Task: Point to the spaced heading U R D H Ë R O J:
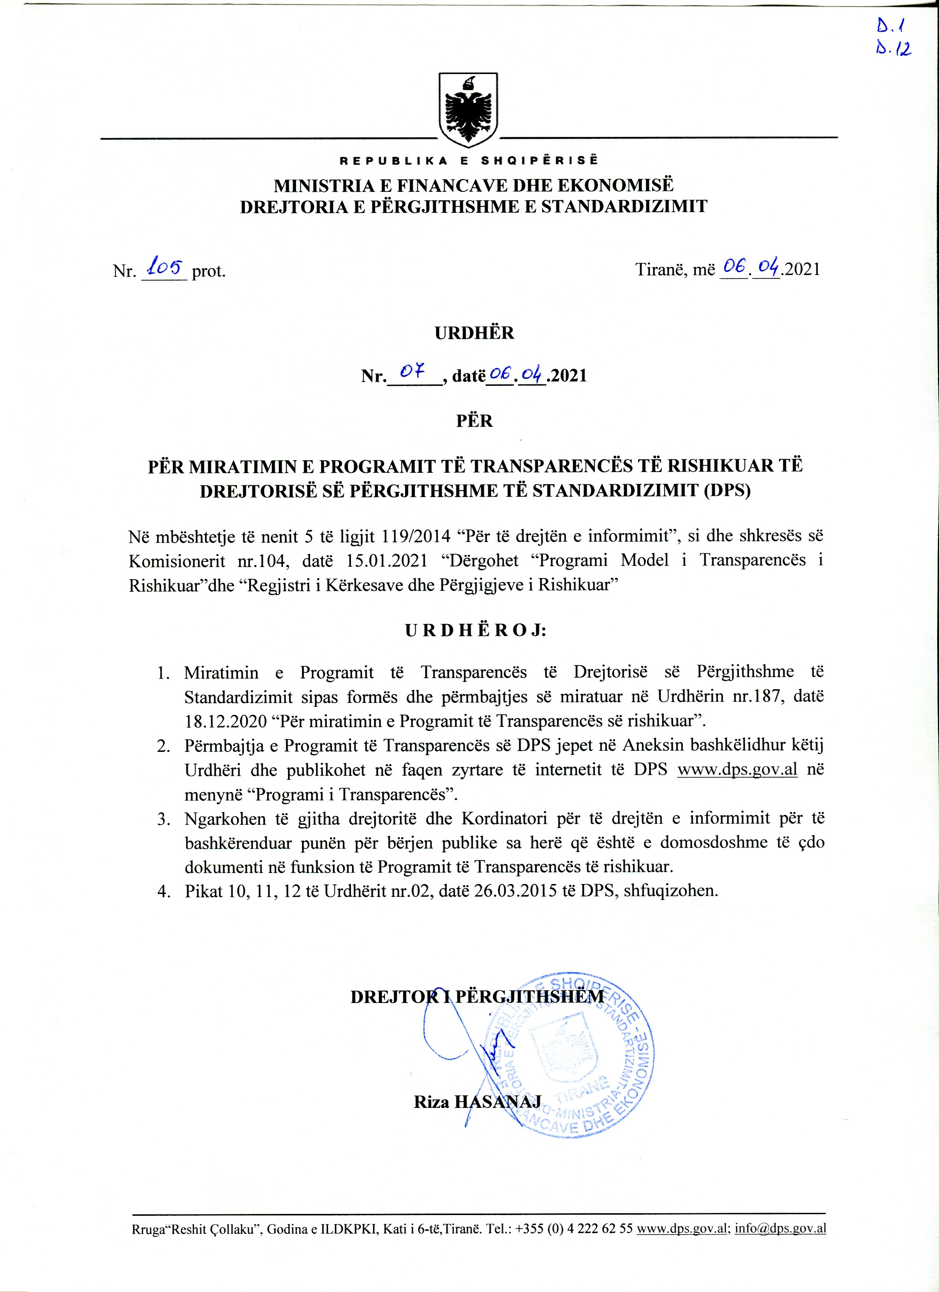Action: [475, 631]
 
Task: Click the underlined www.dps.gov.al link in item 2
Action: [737, 770]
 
